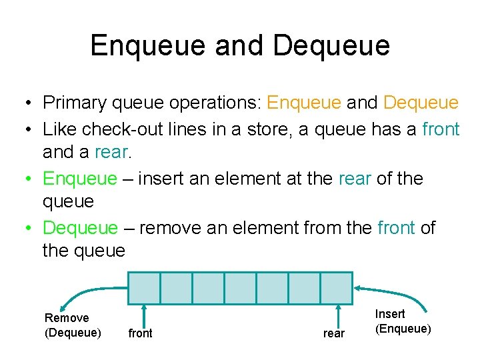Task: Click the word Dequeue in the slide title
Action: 331,45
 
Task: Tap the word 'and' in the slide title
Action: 243,45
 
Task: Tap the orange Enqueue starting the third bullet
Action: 79,179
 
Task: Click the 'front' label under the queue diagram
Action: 140,333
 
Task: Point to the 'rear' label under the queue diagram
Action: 334,333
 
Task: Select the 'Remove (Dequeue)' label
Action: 73,325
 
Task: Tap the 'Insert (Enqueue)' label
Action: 403,321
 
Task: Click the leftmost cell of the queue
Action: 145,288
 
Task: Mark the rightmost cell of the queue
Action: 336,288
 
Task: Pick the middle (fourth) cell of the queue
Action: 240,288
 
